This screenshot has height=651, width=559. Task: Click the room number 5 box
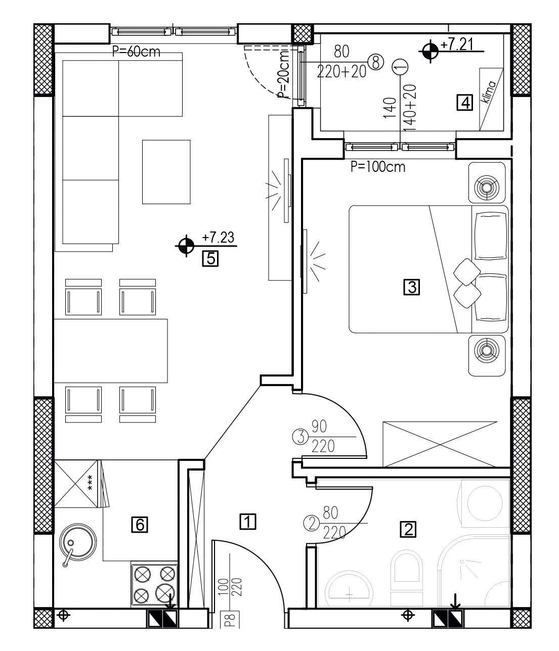210,259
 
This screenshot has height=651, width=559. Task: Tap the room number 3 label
411,287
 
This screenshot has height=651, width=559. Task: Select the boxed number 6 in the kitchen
140,525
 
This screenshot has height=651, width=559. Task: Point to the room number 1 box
248,521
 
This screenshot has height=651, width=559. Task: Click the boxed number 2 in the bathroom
408,529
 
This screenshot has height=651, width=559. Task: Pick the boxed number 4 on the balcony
465,103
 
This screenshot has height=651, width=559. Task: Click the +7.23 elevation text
218,238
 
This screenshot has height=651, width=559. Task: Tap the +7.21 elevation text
457,44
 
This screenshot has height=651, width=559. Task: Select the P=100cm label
378,167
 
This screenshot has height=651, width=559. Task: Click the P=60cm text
136,52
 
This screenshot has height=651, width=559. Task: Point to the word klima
489,91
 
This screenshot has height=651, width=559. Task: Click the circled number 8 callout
375,62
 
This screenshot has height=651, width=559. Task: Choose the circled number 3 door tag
300,437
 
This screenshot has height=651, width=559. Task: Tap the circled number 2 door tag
311,524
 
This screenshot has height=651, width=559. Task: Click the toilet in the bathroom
406,580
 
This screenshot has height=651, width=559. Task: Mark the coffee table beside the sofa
166,172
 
